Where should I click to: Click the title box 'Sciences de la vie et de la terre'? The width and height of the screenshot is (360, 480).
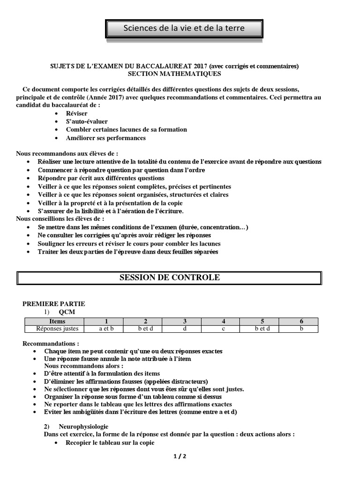(184, 29)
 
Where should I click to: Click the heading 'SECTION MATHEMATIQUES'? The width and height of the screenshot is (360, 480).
(174, 74)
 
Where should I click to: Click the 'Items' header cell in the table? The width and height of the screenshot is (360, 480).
(57, 321)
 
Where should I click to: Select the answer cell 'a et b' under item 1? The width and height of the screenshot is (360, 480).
(106, 329)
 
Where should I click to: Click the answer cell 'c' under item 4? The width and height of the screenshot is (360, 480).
(224, 329)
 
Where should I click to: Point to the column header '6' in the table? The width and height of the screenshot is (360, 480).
(301, 321)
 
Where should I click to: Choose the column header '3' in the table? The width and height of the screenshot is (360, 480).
(185, 321)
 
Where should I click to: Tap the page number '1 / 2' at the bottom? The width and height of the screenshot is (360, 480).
(180, 456)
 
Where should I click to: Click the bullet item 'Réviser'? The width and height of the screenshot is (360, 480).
(76, 113)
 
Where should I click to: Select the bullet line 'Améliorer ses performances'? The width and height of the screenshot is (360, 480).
(105, 138)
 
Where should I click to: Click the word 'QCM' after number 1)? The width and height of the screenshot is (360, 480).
(67, 312)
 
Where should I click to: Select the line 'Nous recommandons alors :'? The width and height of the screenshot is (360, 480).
(83, 366)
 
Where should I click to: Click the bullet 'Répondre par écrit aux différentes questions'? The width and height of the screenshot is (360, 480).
(101, 178)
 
